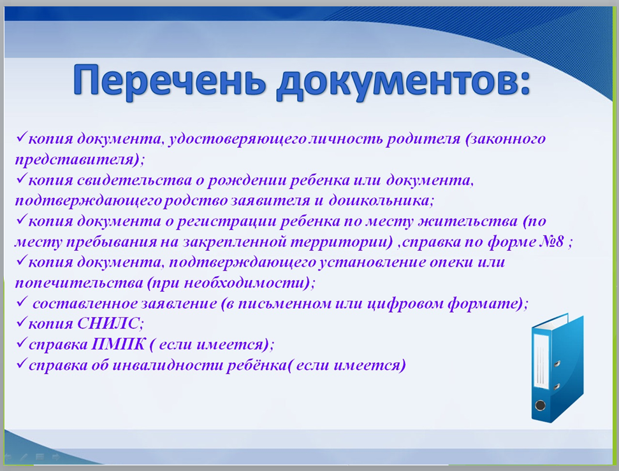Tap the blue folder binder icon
tap(557, 367)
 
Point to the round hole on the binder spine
tap(540, 405)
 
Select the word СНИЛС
tap(108, 323)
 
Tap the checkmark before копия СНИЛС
tap(21, 323)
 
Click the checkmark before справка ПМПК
tap(21, 343)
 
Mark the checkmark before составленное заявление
tap(21, 302)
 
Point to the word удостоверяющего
tap(237, 139)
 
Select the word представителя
tap(74, 160)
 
